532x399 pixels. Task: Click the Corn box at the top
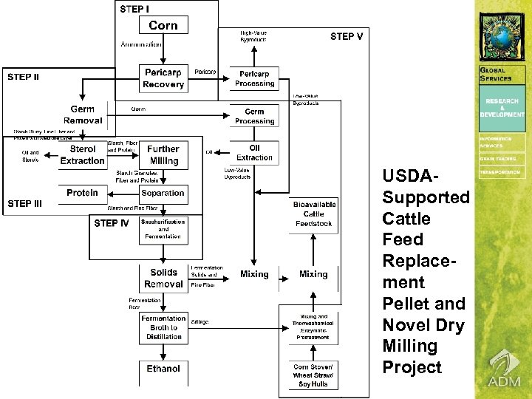pyautogui.click(x=163, y=25)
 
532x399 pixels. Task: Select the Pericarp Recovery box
pyautogui.click(x=163, y=79)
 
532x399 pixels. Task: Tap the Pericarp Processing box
pyautogui.click(x=254, y=79)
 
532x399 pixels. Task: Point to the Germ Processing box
pyautogui.click(x=254, y=116)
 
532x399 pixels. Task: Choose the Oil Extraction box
pyautogui.click(x=254, y=152)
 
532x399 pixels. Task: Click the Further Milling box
pyautogui.click(x=163, y=155)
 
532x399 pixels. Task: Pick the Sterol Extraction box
pyautogui.click(x=82, y=155)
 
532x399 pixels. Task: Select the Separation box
pyautogui.click(x=163, y=194)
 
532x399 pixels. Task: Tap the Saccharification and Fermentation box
pyautogui.click(x=163, y=231)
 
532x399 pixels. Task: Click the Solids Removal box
pyautogui.click(x=163, y=278)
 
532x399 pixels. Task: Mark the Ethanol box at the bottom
pyautogui.click(x=163, y=368)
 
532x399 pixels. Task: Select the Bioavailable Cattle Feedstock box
pyautogui.click(x=314, y=214)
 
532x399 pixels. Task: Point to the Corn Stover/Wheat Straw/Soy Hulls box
pyautogui.click(x=314, y=375)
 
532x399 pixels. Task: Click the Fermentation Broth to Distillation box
pyautogui.click(x=163, y=327)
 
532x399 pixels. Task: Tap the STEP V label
pyautogui.click(x=346, y=36)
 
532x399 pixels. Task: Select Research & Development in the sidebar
pyautogui.click(x=502, y=108)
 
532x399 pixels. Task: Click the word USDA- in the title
pyautogui.click(x=406, y=176)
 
